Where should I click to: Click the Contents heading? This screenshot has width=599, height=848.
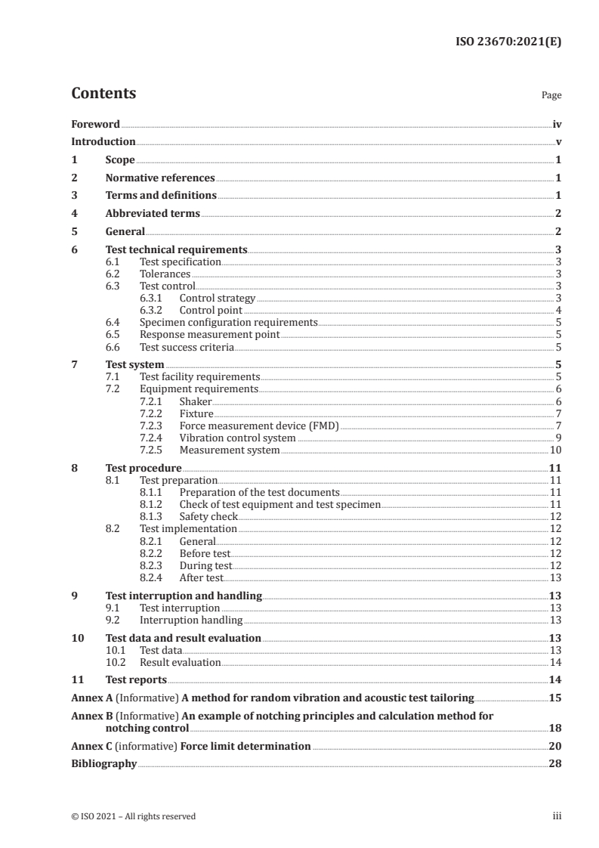click(103, 94)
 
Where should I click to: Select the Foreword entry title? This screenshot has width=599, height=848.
click(95, 124)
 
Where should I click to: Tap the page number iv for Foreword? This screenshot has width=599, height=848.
click(557, 124)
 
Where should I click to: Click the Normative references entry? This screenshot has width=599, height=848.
click(160, 178)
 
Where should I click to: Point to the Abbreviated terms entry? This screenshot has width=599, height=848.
click(153, 214)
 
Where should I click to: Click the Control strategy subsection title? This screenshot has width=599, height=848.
click(217, 299)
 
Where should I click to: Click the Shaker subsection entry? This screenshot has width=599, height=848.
click(196, 402)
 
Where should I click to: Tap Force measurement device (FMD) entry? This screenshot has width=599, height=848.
click(259, 426)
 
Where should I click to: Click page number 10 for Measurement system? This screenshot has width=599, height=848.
click(555, 450)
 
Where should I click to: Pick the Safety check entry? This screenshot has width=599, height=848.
click(208, 517)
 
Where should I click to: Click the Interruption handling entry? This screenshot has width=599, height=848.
click(191, 621)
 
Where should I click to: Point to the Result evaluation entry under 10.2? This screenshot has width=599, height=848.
click(181, 663)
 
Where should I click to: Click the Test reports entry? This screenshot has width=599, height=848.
click(136, 679)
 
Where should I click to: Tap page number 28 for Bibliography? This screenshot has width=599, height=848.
click(555, 764)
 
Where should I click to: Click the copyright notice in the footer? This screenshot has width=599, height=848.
click(133, 816)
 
